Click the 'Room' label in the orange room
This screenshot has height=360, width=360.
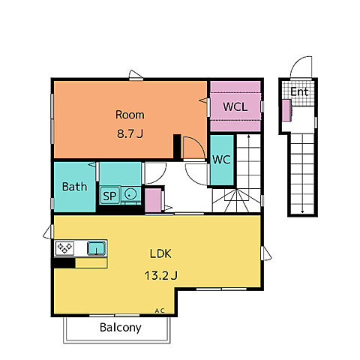[x=130, y=115]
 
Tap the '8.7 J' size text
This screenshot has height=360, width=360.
[x=130, y=133]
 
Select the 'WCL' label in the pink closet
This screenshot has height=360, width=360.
[x=235, y=106]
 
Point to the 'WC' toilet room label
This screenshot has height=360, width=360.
[x=221, y=160]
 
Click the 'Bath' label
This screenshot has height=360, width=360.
[x=74, y=187]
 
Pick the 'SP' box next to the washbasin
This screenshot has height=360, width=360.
[x=109, y=196]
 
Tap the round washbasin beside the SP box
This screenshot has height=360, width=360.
[x=130, y=194]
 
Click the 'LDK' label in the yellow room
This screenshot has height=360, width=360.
[x=160, y=253]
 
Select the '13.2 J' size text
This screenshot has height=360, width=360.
[x=160, y=275]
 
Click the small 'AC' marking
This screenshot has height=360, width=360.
[x=160, y=310]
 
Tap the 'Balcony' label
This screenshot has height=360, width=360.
[x=120, y=328]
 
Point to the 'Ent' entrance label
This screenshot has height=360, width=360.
[x=299, y=91]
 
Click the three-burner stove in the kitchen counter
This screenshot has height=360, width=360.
[x=64, y=248]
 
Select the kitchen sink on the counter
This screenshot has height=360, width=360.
[x=96, y=248]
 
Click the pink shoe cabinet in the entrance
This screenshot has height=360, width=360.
[x=286, y=110]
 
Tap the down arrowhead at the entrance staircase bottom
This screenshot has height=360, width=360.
[x=302, y=211]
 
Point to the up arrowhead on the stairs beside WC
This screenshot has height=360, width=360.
[x=249, y=136]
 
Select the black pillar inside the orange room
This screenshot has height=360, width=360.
[x=177, y=146]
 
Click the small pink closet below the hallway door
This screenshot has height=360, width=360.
[x=153, y=200]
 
